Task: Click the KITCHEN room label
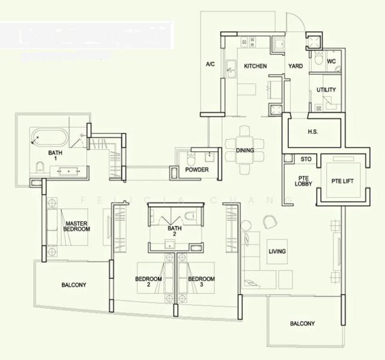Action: tap(255, 66)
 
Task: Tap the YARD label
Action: tap(295, 66)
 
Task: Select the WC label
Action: tap(331, 62)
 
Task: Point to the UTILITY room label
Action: tap(326, 90)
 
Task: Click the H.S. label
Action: tap(313, 131)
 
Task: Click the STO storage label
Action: tap(306, 160)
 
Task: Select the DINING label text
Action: tap(244, 151)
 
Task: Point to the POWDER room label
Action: tap(196, 170)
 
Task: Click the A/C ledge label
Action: tap(210, 64)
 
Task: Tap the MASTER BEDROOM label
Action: tap(77, 226)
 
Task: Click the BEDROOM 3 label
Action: tap(201, 282)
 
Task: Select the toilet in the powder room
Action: tap(191, 160)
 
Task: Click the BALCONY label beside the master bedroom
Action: tap(74, 285)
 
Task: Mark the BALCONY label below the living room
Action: tap(302, 324)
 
